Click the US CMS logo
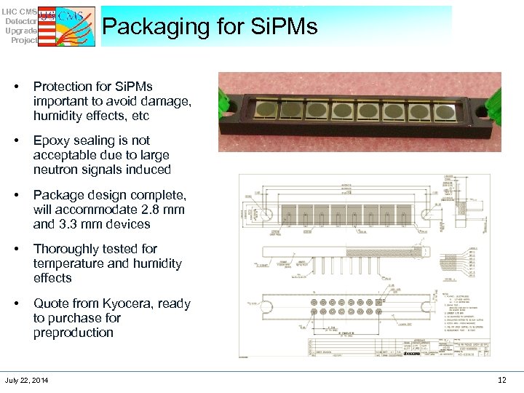click(x=65, y=26)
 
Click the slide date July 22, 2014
click(x=27, y=381)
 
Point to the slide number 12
click(x=501, y=380)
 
